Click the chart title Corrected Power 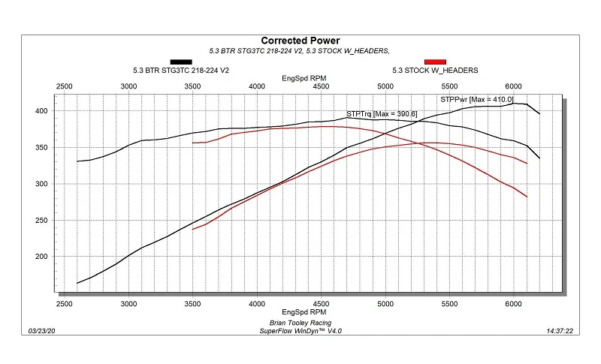[300, 41]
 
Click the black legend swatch [181, 62]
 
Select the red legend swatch [435, 62]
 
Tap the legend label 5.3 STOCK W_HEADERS [435, 71]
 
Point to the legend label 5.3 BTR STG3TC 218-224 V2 [181, 71]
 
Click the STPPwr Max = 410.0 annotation [477, 100]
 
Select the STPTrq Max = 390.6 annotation [382, 113]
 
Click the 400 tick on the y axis [41, 111]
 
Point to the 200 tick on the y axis [41, 257]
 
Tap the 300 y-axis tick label [41, 184]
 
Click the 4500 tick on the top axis [321, 86]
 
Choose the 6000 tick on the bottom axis [513, 304]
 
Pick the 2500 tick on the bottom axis [65, 304]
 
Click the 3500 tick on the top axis [192, 86]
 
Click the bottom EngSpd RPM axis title [304, 312]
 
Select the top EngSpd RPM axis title [304, 79]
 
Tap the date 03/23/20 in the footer [41, 331]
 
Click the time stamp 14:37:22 [560, 331]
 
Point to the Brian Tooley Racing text [300, 323]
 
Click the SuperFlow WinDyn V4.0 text [300, 331]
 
